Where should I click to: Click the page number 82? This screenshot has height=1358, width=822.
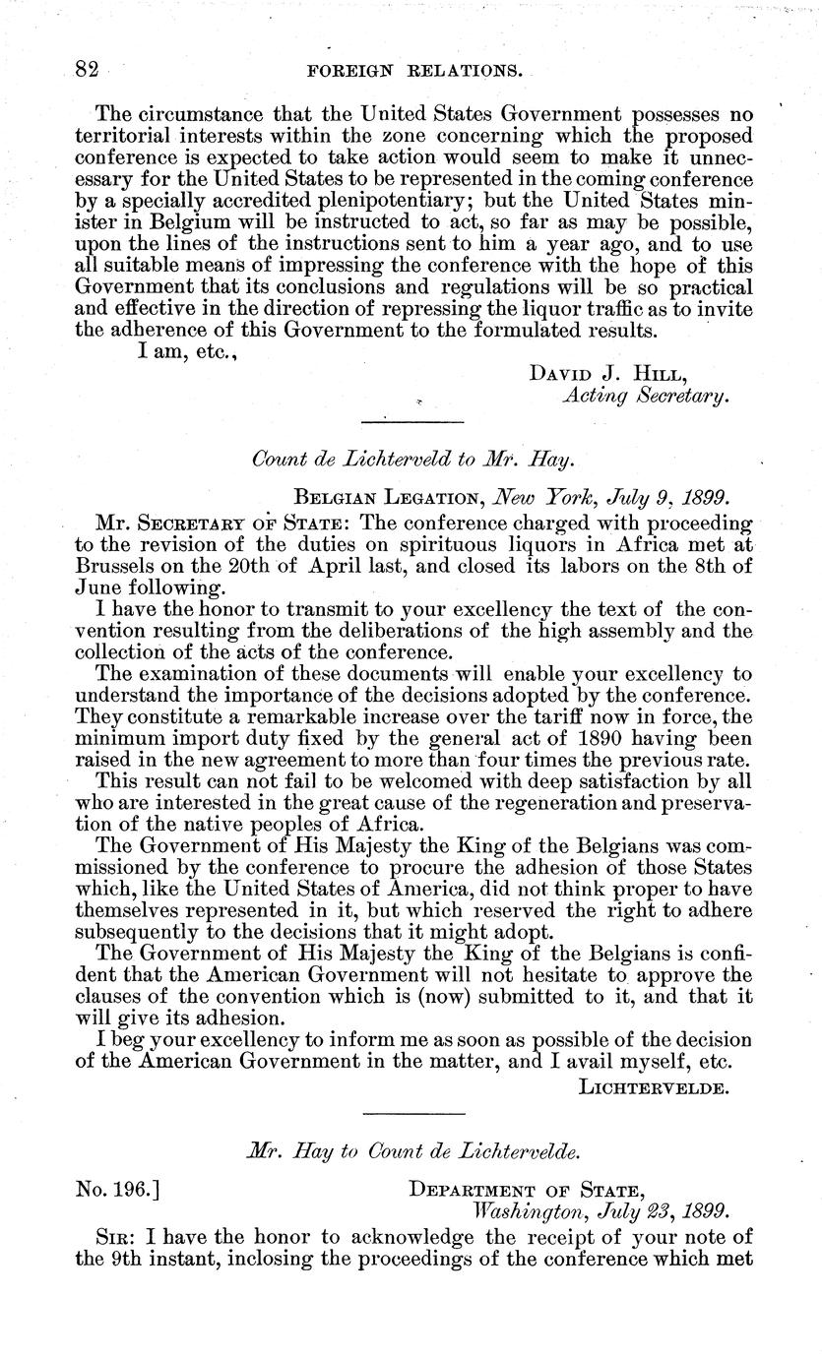pos(89,70)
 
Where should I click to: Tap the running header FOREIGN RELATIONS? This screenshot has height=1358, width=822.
pos(414,71)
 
